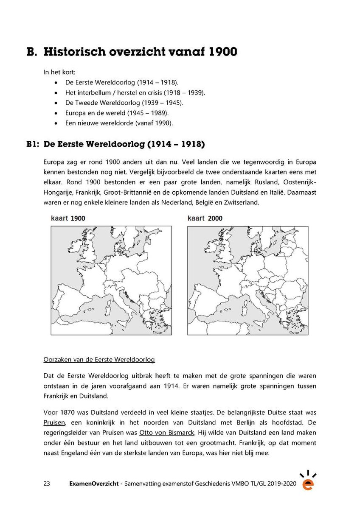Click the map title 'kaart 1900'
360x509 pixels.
[68, 218]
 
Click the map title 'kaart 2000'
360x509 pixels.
[204, 218]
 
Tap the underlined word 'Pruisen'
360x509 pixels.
[54, 423]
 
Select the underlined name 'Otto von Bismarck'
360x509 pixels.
[166, 433]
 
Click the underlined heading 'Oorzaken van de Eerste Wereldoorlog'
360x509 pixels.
[99, 360]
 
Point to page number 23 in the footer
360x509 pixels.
[47, 484]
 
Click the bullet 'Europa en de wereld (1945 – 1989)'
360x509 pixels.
[117, 113]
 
